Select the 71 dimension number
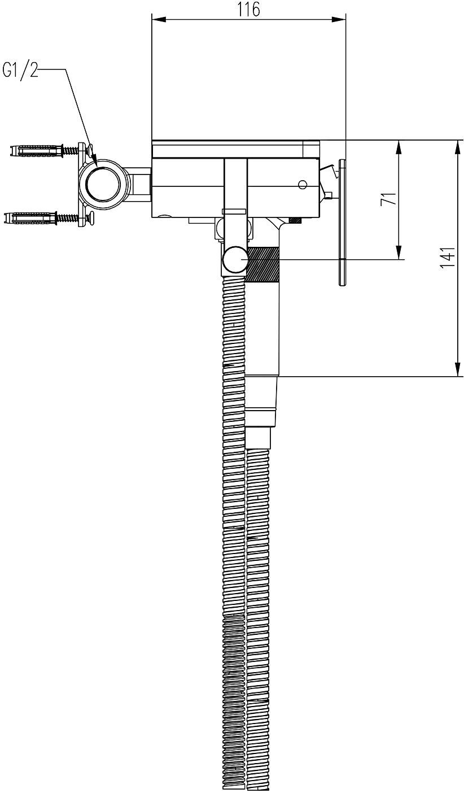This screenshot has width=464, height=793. (388, 199)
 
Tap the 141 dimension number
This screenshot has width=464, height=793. (448, 258)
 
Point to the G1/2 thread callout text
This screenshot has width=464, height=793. (20, 70)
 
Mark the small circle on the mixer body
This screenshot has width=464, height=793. (303, 184)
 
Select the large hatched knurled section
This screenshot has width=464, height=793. (263, 264)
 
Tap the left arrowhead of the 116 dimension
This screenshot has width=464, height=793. (159, 20)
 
